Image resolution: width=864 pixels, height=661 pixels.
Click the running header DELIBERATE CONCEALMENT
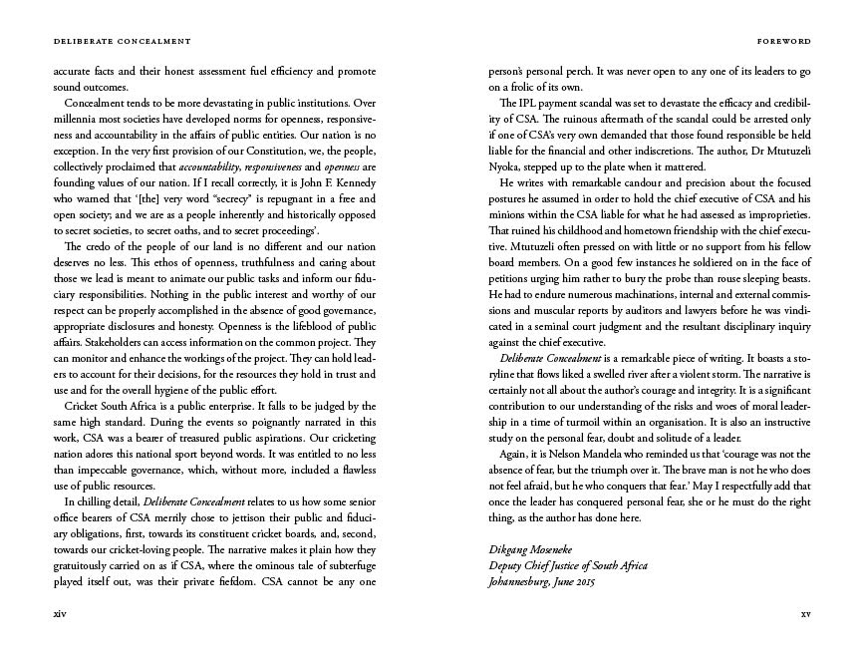coord(109,42)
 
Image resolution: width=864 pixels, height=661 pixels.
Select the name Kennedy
coord(352,183)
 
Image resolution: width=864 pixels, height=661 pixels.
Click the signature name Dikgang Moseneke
coord(536,550)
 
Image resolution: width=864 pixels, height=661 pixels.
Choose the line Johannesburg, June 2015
coord(542,582)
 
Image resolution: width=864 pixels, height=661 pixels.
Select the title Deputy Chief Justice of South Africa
coord(567,566)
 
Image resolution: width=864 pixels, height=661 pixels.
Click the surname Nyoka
coord(505,167)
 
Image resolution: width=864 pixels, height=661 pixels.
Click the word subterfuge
coord(348,566)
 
